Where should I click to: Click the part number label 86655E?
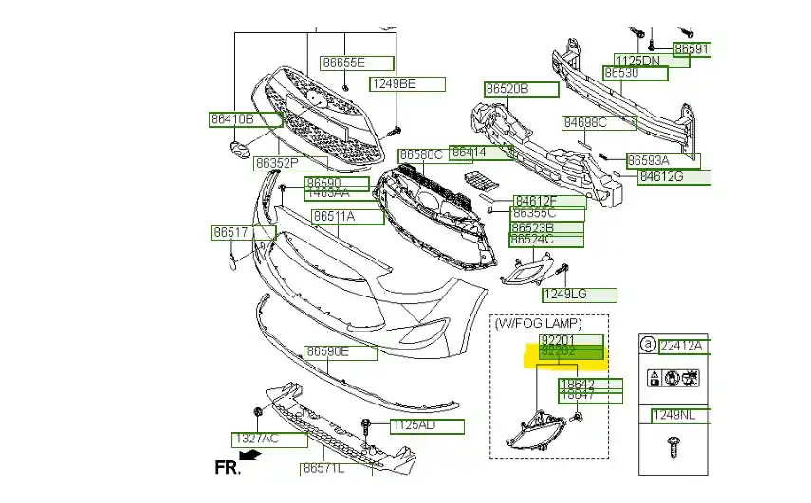342,63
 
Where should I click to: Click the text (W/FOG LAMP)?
539,323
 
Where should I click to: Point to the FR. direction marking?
228,466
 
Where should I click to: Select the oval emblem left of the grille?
239,152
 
